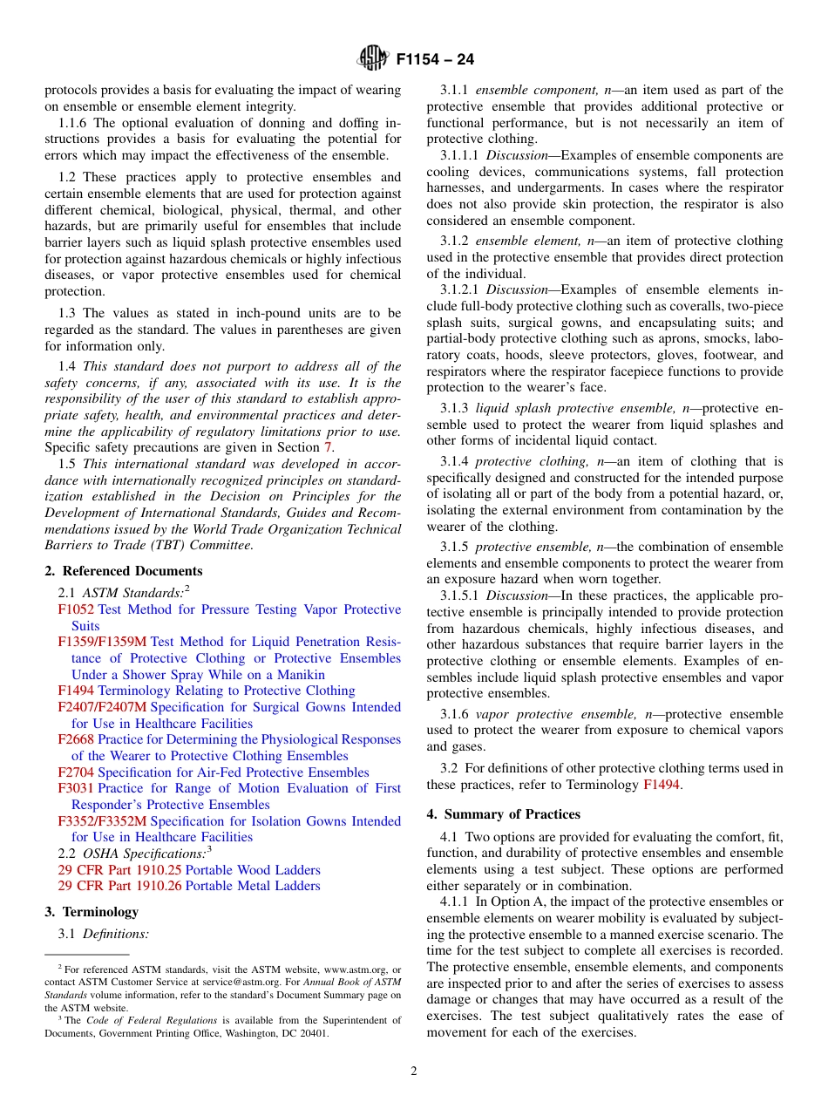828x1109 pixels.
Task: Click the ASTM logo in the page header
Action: click(372, 59)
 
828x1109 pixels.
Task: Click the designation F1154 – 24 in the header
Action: click(435, 60)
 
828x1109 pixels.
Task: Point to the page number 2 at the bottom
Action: click(414, 1072)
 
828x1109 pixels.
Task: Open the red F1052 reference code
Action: click(76, 610)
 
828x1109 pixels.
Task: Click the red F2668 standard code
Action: click(76, 739)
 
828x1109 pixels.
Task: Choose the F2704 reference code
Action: click(76, 772)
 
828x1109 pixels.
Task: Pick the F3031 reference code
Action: click(76, 788)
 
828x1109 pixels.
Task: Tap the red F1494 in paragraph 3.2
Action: click(661, 785)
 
